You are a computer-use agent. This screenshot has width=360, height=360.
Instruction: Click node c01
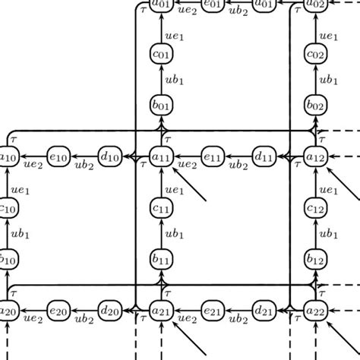click(x=161, y=55)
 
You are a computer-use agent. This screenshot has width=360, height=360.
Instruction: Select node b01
click(x=161, y=106)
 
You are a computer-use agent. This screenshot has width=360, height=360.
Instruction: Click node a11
click(x=161, y=156)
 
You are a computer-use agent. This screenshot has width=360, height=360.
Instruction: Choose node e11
click(x=213, y=156)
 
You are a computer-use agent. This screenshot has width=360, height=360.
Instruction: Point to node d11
click(x=264, y=156)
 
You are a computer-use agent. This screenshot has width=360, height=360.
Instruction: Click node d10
click(x=110, y=156)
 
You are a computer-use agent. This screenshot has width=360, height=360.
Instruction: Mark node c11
click(x=161, y=207)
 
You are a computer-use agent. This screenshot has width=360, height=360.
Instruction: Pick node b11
click(x=161, y=259)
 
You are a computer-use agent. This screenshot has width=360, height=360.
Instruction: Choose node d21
click(x=264, y=310)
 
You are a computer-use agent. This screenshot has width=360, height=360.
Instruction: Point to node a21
click(x=161, y=310)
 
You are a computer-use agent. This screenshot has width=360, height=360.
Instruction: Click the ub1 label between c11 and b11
click(x=175, y=233)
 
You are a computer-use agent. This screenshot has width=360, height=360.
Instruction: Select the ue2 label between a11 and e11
click(x=187, y=165)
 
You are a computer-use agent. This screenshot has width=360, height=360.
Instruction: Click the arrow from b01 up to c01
click(x=161, y=81)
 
